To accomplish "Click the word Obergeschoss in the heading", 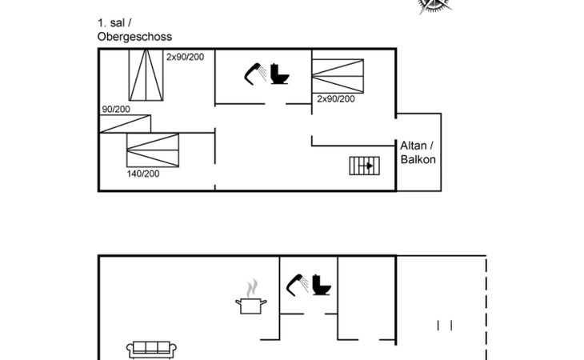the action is pos(134,37).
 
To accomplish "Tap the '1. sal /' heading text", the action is pos(114,22).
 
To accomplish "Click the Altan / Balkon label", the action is pos(418,152).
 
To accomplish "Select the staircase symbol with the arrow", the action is pos(364,166).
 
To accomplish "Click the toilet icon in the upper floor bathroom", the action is pos(279,74).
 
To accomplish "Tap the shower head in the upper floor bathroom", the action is pos(254,74).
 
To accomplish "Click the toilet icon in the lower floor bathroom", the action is pos(322,285).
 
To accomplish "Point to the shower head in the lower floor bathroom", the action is pos(297,285).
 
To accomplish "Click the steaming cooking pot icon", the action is pos(251,297).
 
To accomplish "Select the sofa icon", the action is pos(151,350).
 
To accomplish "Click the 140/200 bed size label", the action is pos(143,174).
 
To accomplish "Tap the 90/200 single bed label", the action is pos(116,109).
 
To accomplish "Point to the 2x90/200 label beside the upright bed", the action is pos(185,57).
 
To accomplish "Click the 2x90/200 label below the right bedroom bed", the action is pos(336,98).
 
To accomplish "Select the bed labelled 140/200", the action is pos(153,150).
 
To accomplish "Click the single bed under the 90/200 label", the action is pos(125,124).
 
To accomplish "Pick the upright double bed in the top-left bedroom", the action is pos(146,75).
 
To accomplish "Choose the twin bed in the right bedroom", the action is pos(338,76).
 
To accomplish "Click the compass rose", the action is pos(434,6).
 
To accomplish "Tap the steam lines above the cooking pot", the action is pos(252,288).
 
